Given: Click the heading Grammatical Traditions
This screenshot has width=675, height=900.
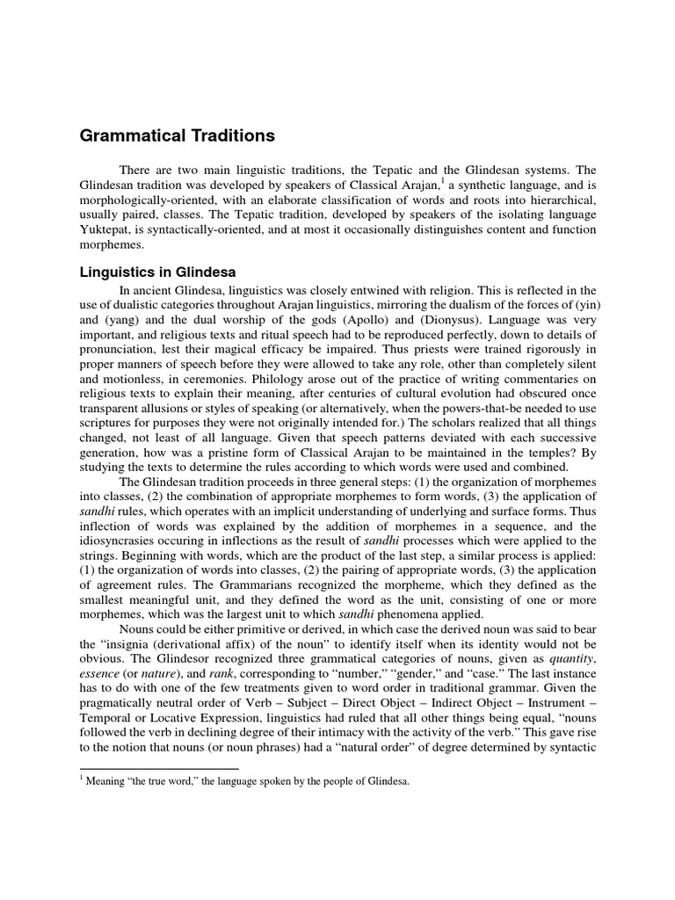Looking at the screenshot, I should (178, 136).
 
